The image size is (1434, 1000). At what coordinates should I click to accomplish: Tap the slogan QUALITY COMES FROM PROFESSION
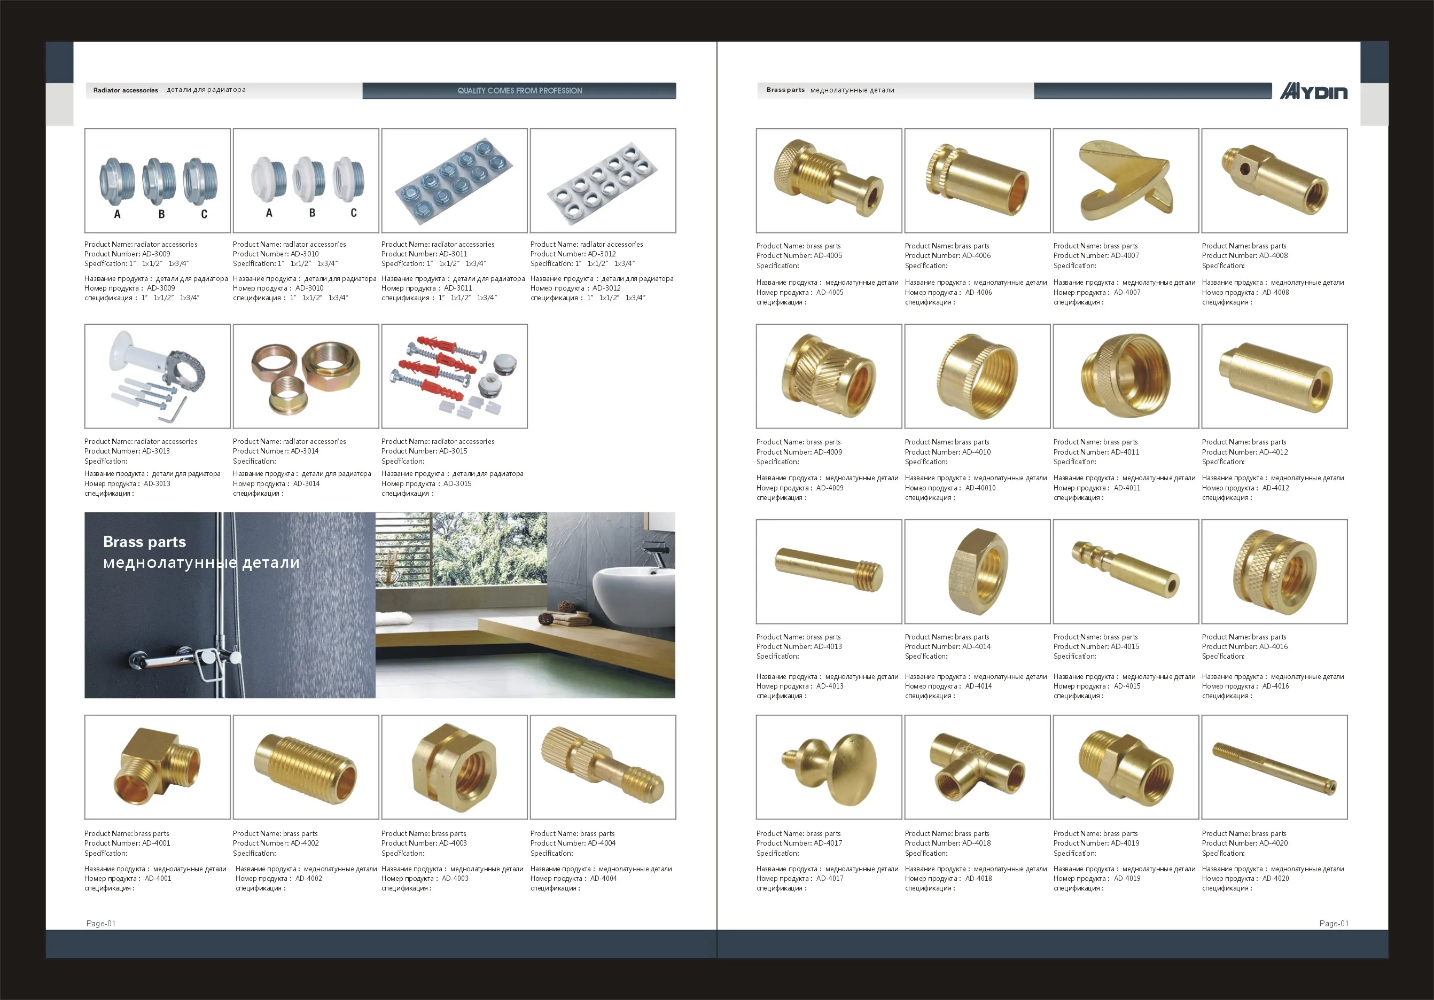(x=520, y=91)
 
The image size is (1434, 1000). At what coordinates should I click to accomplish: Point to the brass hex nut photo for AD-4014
(x=978, y=572)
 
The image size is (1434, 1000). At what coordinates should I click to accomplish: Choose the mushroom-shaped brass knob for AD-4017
(x=829, y=768)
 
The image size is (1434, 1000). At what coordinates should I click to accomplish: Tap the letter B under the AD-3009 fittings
(x=161, y=214)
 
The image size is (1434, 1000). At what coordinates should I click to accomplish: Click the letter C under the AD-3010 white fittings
(x=354, y=213)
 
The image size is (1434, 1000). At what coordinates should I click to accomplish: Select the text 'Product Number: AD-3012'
(x=573, y=254)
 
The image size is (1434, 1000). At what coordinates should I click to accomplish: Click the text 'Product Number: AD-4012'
(x=1245, y=451)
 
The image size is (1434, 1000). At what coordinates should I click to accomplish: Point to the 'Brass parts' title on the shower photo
(x=144, y=542)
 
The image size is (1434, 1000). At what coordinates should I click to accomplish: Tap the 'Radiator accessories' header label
(x=126, y=90)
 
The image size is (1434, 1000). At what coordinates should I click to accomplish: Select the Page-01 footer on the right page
(x=1334, y=923)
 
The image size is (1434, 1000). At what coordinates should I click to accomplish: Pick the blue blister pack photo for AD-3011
(x=454, y=181)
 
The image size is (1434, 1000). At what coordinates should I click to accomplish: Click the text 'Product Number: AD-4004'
(x=573, y=842)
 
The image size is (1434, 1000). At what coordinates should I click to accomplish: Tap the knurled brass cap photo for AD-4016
(x=1274, y=572)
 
